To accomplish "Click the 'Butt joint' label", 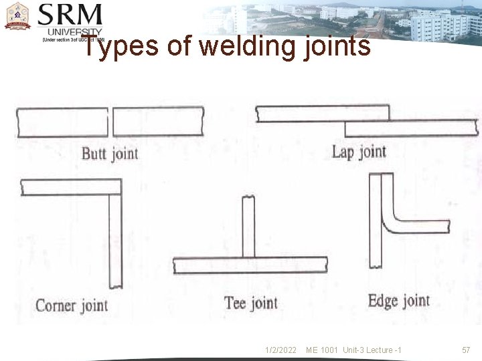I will (110, 154).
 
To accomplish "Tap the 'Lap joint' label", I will (359, 152).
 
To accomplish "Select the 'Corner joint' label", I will (72, 306).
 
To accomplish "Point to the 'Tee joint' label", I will (250, 303).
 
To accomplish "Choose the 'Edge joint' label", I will (398, 300).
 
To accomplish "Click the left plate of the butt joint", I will (62, 122).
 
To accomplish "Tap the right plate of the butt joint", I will (158, 122).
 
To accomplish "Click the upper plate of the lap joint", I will (321, 114).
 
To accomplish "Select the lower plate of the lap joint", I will (411, 128).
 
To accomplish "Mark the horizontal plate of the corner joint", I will (67, 187).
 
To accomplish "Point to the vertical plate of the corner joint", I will (116, 241).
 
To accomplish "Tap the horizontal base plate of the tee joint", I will (250, 265).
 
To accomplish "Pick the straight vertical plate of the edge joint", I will (375, 221).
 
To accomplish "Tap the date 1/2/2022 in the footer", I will (280, 350).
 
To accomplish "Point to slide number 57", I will (466, 350).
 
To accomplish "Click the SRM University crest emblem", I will (17, 17).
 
